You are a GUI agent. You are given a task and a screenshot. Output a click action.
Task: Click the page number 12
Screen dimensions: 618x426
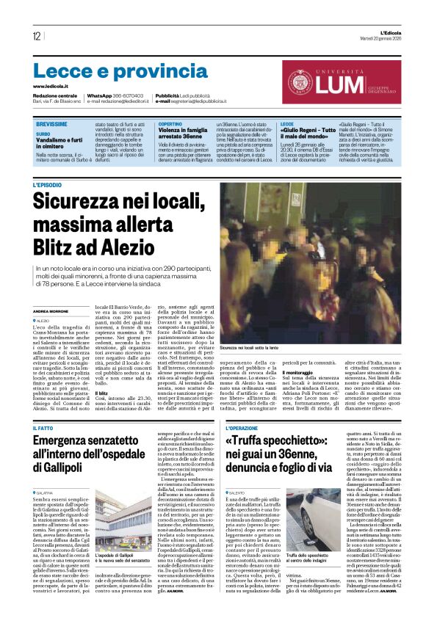pos(36,36)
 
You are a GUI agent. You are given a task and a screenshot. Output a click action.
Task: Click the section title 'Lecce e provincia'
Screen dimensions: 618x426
pos(110,71)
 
